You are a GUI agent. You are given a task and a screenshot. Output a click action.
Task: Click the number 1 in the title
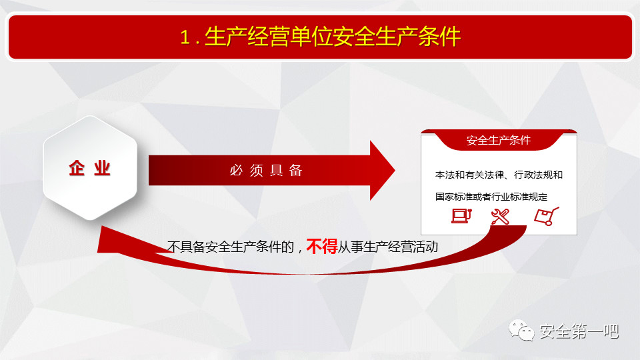[x=185, y=37]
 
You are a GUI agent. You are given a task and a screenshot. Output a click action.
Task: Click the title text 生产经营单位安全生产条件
[x=333, y=37]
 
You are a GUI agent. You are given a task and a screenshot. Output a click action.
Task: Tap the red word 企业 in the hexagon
[x=90, y=168]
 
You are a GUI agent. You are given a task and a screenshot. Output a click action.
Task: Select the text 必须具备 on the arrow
[x=266, y=170]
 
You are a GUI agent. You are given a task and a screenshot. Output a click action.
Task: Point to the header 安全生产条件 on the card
[x=499, y=141]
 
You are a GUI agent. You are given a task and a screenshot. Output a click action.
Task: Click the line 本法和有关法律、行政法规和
[x=499, y=175]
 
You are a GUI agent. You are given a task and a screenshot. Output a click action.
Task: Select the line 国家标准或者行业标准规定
[x=491, y=197]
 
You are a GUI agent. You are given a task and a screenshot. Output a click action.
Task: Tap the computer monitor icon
[x=461, y=215]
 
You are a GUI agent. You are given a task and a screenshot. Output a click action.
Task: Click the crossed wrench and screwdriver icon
[x=500, y=217]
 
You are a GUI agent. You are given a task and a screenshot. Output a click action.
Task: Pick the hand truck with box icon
[x=547, y=216]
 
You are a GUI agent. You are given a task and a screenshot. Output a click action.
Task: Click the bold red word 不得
[x=321, y=247]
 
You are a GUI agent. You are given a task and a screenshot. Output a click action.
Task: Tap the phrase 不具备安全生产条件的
[x=230, y=247]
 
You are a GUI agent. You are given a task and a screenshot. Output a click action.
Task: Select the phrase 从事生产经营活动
[x=388, y=247]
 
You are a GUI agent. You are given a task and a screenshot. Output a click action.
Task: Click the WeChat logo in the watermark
[x=521, y=331]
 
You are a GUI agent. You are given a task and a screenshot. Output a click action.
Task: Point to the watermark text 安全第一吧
[x=579, y=331]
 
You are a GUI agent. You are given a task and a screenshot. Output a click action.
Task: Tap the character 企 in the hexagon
[x=77, y=168]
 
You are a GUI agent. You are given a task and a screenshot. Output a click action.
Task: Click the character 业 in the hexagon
[x=103, y=168]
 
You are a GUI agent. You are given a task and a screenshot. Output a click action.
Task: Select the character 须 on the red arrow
[x=256, y=171]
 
